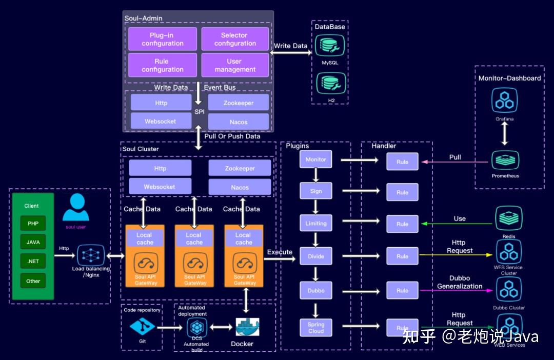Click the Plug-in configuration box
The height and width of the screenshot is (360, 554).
163,39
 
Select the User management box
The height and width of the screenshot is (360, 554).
235,65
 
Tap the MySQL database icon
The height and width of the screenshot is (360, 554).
330,47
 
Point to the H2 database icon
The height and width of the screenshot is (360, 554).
330,84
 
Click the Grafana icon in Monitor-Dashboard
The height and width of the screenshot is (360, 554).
505,101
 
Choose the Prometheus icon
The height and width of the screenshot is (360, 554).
505,160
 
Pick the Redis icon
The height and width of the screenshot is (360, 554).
508,218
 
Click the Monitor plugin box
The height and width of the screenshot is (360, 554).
315,159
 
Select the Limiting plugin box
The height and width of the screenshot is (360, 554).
315,224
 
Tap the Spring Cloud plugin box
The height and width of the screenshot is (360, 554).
315,328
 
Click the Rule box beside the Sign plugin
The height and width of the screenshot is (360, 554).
402,192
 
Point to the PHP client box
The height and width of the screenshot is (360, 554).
33,224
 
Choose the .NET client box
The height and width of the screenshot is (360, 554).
33,261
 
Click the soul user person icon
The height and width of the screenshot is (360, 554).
76,207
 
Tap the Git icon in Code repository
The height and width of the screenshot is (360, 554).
142,326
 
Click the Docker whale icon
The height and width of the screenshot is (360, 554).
247,327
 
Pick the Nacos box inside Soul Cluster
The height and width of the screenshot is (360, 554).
240,187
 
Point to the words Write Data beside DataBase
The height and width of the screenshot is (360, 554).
290,46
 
